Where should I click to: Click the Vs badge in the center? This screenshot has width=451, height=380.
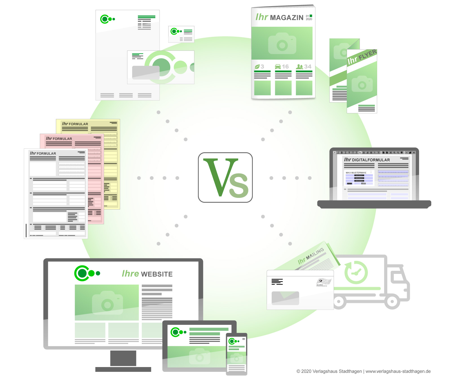pyautogui.click(x=225, y=177)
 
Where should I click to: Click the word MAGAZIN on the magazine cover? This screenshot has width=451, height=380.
pyautogui.click(x=286, y=18)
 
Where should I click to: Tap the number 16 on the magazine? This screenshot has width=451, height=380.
pyautogui.click(x=285, y=67)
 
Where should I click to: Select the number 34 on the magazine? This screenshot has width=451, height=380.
pyautogui.click(x=308, y=67)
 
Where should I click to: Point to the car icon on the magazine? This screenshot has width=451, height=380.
pyautogui.click(x=278, y=67)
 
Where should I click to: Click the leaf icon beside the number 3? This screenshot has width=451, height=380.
pyautogui.click(x=257, y=67)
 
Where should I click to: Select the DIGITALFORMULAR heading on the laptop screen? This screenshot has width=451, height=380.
pyautogui.click(x=371, y=160)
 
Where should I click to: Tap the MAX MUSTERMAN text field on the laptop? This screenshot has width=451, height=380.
pyautogui.click(x=356, y=173)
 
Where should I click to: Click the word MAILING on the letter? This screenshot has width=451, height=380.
pyautogui.click(x=315, y=254)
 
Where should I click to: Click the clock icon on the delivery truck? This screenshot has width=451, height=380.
pyautogui.click(x=356, y=272)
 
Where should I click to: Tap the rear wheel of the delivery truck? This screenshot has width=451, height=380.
pyautogui.click(x=339, y=302)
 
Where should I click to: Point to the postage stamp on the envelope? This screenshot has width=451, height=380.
pyautogui.click(x=323, y=282)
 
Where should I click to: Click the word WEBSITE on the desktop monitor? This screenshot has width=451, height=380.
pyautogui.click(x=157, y=274)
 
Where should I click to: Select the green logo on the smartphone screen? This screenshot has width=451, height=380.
pyautogui.click(x=234, y=341)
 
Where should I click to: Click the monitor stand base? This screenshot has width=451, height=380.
pyautogui.click(x=123, y=369)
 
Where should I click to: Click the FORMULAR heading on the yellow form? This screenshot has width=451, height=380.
pyautogui.click(x=78, y=124)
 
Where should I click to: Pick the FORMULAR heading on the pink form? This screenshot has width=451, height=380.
pyautogui.click(x=62, y=139)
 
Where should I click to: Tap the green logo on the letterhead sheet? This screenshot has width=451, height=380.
pyautogui.click(x=107, y=19)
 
